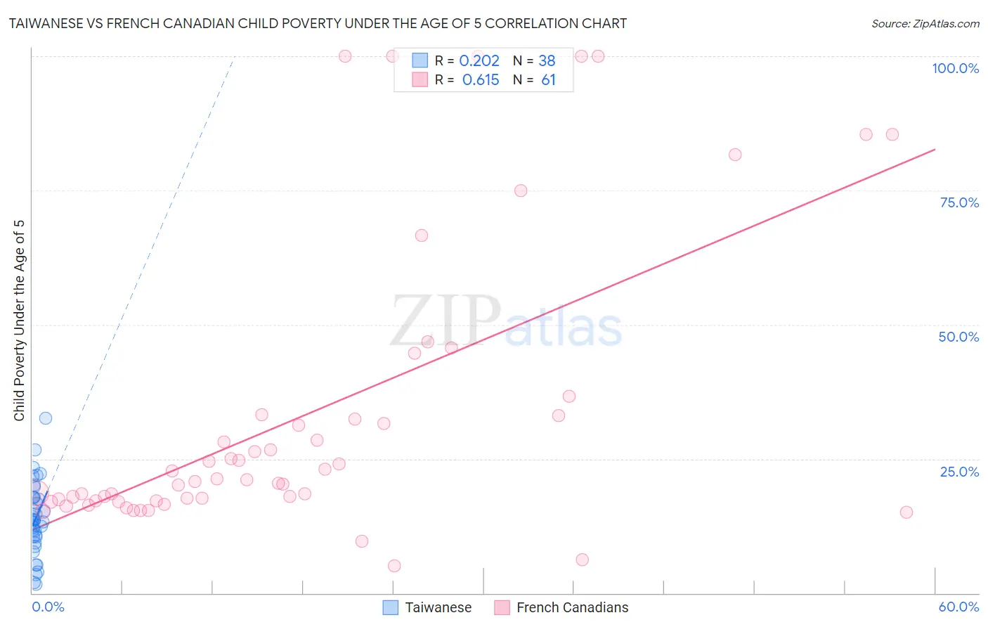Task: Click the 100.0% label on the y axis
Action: point(955,68)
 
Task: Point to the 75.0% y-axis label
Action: point(959,202)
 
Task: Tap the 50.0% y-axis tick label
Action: point(958,337)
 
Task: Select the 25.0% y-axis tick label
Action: point(959,471)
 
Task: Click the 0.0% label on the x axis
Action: point(48,607)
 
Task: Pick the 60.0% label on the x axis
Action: point(958,607)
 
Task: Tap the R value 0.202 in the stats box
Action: point(479,61)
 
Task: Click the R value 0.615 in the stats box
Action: point(481,80)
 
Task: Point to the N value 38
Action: point(547,61)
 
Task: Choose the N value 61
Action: point(548,80)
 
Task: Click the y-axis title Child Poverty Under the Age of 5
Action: point(20,321)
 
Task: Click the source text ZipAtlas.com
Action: point(925,24)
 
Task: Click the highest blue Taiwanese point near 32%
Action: point(46,418)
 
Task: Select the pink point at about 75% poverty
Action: point(521,190)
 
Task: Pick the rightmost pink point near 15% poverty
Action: point(906,512)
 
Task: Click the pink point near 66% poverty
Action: point(422,235)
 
